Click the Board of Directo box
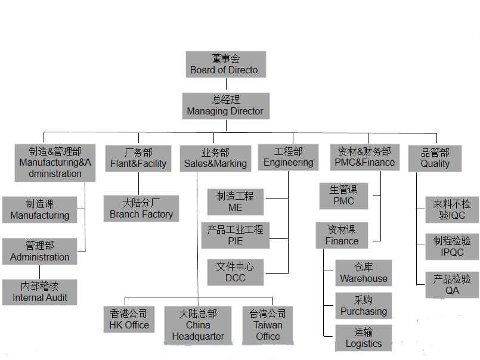pyautogui.click(x=225, y=64)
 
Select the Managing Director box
pyautogui.click(x=225, y=105)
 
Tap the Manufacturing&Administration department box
pyautogui.click(x=55, y=163)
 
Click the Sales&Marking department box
pyautogui.click(x=215, y=158)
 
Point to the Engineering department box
pyautogui.click(x=289, y=157)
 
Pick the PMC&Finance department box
pyautogui.click(x=364, y=157)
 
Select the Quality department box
pyautogui.click(x=435, y=158)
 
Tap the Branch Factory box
pyautogui.click(x=141, y=208)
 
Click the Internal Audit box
pyautogui.click(x=40, y=292)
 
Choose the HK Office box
pyautogui.click(x=129, y=319)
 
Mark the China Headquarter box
pyautogui.click(x=198, y=325)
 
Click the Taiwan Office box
pyautogui.click(x=268, y=325)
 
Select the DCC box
pyautogui.click(x=235, y=272)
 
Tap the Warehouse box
pyautogui.click(x=364, y=272)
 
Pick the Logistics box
pyautogui.click(x=364, y=338)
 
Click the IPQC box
pyautogui.click(x=452, y=246)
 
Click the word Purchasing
pyautogui.click(x=364, y=312)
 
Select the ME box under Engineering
pyautogui.click(x=235, y=201)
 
